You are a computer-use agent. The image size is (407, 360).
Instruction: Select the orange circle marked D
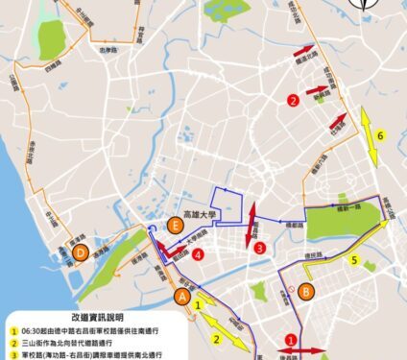[x=81, y=253]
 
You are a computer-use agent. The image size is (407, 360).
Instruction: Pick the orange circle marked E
[x=174, y=226]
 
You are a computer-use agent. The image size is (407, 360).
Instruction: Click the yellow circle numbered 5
[x=354, y=259]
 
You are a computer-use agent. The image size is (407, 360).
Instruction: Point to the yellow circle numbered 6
[x=380, y=136]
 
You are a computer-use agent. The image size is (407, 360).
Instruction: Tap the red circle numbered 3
[x=260, y=248]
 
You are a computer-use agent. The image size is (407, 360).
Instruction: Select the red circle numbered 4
[x=197, y=255]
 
